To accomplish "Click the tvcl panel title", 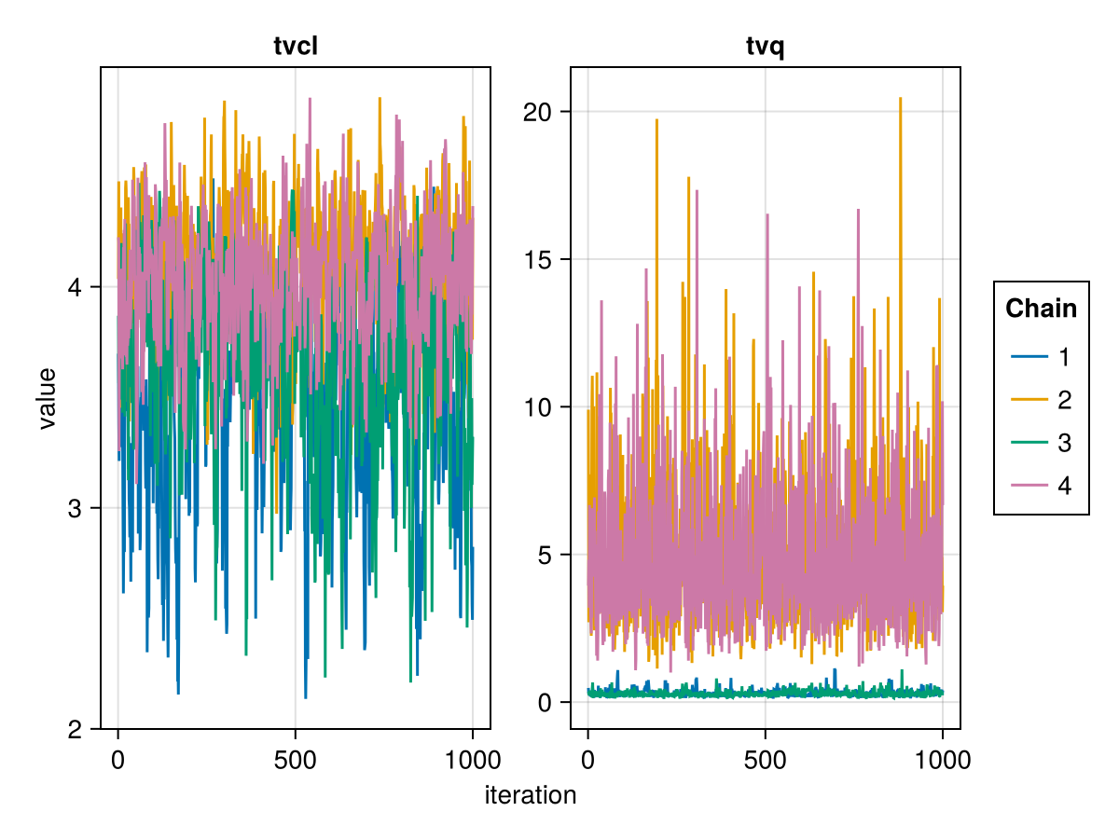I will point(296,47).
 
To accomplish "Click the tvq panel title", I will point(766,47).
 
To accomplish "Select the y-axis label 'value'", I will point(47,398).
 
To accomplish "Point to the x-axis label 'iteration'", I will point(531,795).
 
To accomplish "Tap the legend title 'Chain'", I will point(1041,309).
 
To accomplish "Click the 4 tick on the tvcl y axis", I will point(76,287).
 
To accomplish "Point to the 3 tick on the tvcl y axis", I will point(76,508).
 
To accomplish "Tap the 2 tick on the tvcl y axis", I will point(76,729).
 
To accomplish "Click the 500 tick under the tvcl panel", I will point(295,760).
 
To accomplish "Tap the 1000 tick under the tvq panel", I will point(942,760).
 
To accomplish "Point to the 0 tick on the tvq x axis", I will point(587,760).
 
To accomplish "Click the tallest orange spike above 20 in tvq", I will point(901,99).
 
